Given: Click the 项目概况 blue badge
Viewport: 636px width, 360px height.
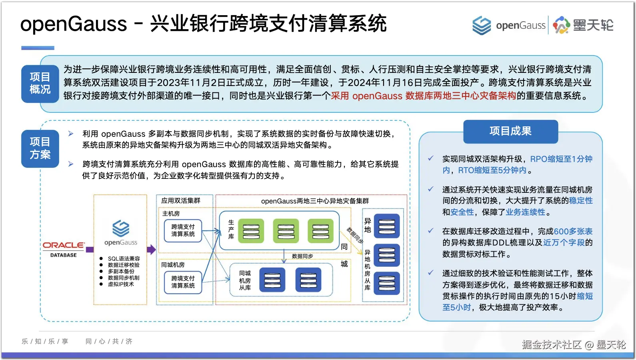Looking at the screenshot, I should coord(40,83).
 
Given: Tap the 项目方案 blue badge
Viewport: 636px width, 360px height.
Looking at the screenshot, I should coord(40,148).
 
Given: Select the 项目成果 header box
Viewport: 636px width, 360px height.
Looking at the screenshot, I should coord(510,131).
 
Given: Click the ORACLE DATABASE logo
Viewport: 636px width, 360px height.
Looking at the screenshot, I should coord(64,249).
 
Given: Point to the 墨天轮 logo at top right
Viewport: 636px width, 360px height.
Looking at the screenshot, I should coord(584,25).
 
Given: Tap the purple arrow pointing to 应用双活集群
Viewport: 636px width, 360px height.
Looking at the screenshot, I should coord(151,249).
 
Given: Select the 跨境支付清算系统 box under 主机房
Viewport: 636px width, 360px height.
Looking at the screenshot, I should coord(183,230).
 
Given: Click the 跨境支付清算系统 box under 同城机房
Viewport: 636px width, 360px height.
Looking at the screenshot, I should coord(183,282).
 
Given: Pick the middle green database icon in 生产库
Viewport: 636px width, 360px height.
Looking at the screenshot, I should coord(286,231).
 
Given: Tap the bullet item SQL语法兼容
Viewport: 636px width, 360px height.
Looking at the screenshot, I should coord(124,259).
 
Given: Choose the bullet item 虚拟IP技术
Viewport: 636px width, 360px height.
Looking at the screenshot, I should coord(121,284).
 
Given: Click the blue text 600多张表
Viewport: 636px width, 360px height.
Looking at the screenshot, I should coord(573,231).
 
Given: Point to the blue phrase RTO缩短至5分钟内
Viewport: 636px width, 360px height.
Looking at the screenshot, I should coord(492,170).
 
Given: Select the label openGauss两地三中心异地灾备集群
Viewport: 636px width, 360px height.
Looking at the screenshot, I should coord(315,201).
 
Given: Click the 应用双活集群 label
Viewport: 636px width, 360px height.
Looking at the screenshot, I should coord(181,200).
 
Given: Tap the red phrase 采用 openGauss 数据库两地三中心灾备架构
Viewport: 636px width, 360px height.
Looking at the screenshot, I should coord(423,96).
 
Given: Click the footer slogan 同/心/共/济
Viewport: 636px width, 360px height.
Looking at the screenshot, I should coord(109,341).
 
